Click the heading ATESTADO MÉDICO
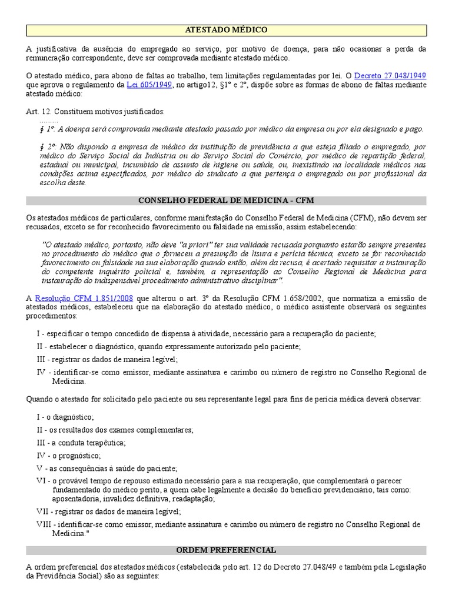[x=227, y=29]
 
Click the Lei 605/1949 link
[x=148, y=85]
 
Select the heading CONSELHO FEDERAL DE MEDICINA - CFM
[x=227, y=201]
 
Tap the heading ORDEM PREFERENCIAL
[x=227, y=550]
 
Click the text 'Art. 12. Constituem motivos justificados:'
[x=95, y=112]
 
